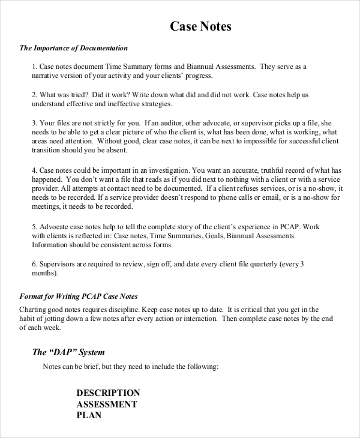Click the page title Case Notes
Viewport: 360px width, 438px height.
click(200, 26)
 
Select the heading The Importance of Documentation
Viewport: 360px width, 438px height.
click(73, 48)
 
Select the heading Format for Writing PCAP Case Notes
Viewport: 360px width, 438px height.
click(79, 296)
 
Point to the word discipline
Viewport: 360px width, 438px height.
click(124, 309)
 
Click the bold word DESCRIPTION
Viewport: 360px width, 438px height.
click(108, 393)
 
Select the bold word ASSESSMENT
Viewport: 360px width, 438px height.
click(107, 404)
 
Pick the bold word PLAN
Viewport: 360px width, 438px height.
click(89, 415)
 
